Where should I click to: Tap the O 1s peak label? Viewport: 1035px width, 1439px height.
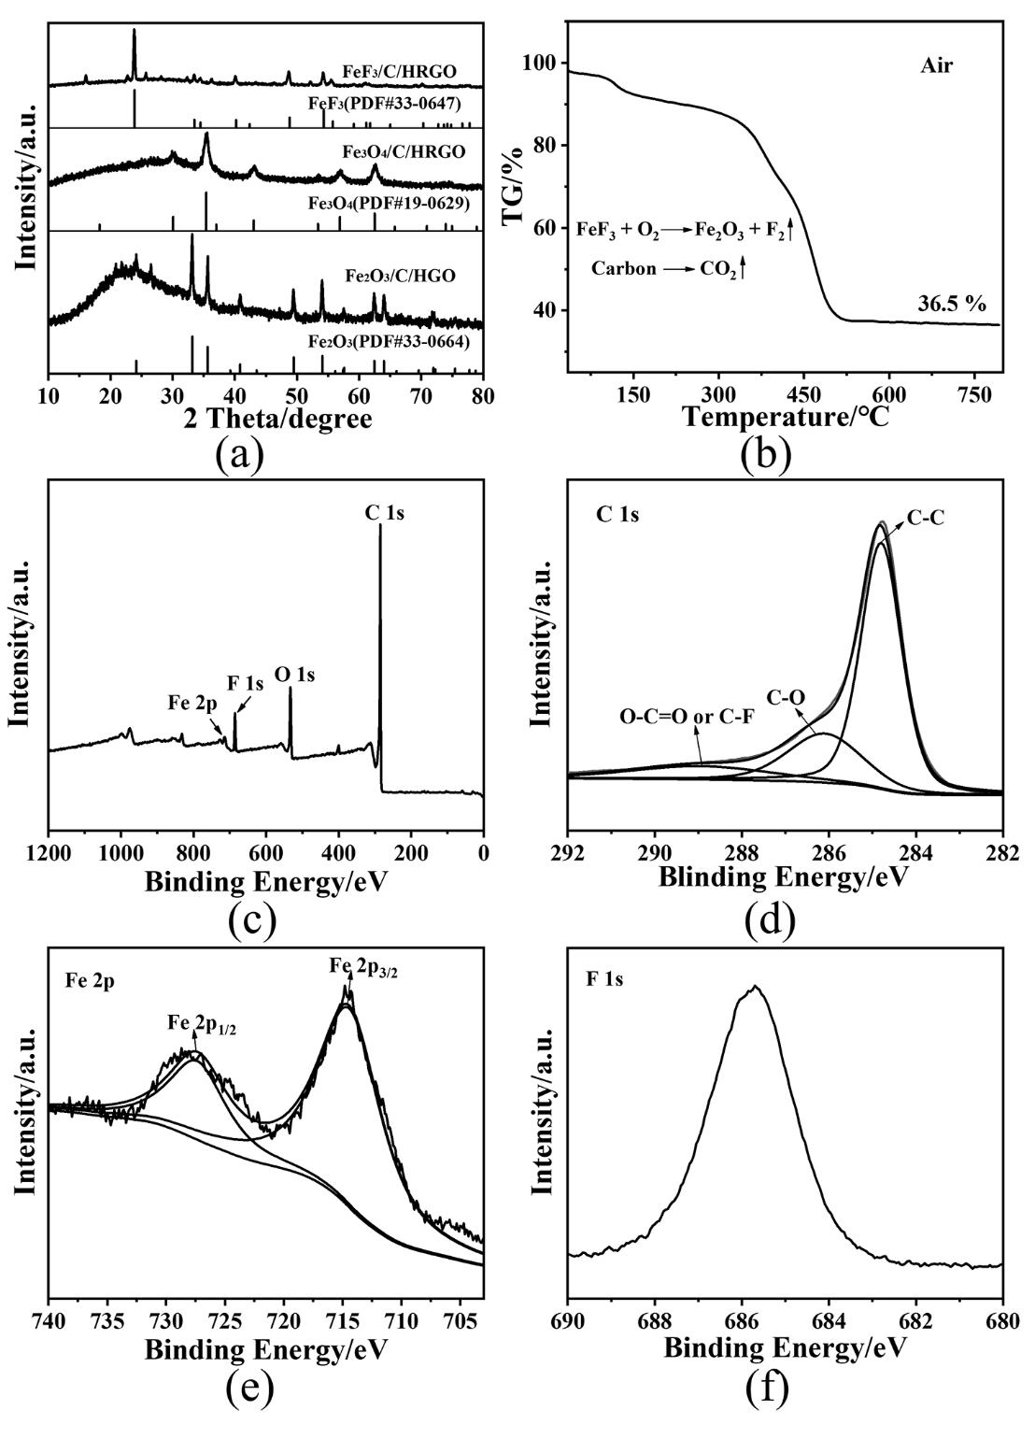pyautogui.click(x=294, y=673)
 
